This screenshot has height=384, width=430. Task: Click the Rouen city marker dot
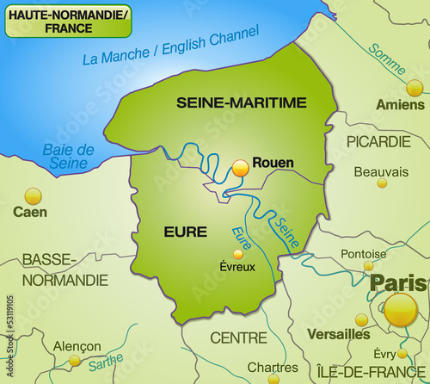pos(240,169)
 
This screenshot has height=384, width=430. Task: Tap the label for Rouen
pos(273,163)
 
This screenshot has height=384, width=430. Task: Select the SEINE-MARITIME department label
pos(241,102)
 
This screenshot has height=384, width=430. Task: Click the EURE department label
pos(185,232)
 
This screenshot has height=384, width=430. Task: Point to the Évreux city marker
pos(238,254)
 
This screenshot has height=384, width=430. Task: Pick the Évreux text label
pos(237,267)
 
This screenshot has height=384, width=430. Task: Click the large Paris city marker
pos(400,309)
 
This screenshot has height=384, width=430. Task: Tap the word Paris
pos(398,283)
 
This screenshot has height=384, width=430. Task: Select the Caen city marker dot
pos(34,195)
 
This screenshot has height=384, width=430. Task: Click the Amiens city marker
pos(415,87)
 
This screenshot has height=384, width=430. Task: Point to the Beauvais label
pos(381,172)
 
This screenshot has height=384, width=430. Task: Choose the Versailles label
pos(340,334)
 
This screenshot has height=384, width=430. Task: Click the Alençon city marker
pos(75,361)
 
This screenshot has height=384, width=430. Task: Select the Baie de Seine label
pos(66,156)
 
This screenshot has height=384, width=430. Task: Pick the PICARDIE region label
pos(378,141)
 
